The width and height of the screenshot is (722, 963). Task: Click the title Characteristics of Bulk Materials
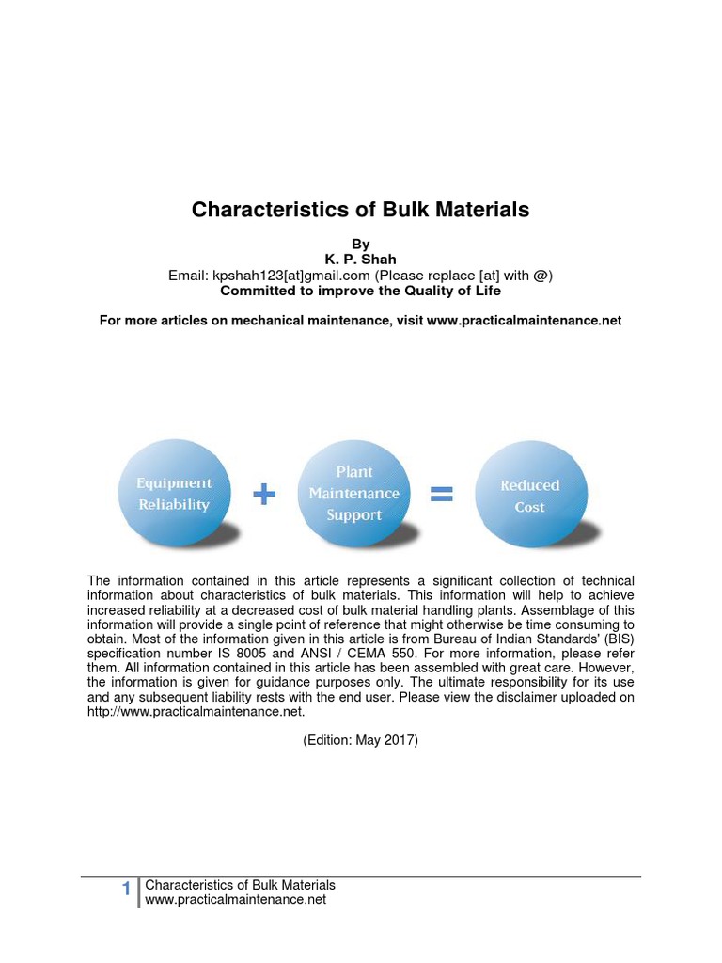point(360,210)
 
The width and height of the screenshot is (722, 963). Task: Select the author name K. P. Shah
point(360,260)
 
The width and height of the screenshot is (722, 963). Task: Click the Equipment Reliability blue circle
point(174,494)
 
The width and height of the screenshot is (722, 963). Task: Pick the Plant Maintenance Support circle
point(353,494)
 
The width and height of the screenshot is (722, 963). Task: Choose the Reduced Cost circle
point(529,496)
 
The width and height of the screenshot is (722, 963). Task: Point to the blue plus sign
point(264,496)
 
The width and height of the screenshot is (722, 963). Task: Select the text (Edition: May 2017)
point(360,740)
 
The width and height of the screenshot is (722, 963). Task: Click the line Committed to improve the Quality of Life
point(360,291)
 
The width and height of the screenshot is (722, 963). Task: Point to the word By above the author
point(360,245)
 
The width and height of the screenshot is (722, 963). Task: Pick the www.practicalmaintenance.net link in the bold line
point(524,321)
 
